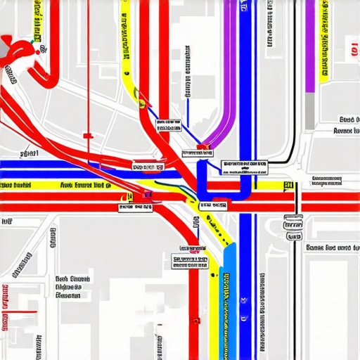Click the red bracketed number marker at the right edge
click(x=349, y=50)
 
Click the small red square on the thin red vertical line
click(x=88, y=135)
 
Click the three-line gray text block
click(x=72, y=287)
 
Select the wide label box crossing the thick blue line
click(x=245, y=167)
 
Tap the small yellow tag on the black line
click(x=287, y=186)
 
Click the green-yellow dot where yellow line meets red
click(x=129, y=198)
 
